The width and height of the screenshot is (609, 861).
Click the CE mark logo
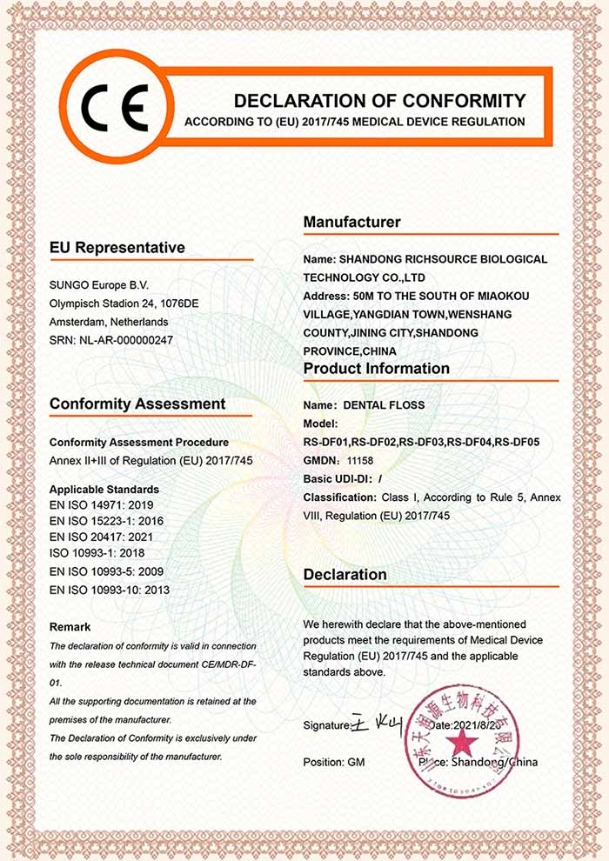tap(115, 107)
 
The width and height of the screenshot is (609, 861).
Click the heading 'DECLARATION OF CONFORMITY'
tap(380, 100)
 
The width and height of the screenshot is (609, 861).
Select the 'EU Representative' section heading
tap(117, 248)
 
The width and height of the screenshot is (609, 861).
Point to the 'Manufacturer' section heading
tap(351, 223)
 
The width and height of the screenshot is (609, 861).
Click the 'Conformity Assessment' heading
tap(137, 404)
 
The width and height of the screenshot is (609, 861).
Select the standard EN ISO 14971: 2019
tap(102, 504)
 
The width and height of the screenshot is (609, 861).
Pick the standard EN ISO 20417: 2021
tap(102, 537)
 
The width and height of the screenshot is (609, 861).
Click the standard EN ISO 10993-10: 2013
tap(109, 590)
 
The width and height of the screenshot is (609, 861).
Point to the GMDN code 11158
tap(361, 460)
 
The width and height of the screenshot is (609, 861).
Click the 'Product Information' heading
tap(376, 369)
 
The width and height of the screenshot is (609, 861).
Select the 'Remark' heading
tap(70, 626)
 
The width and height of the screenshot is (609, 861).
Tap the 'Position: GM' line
tap(334, 763)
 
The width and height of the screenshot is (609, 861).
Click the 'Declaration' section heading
tap(345, 575)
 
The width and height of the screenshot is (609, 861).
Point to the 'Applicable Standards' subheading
tap(104, 489)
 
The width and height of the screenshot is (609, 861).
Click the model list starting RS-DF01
tap(421, 442)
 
